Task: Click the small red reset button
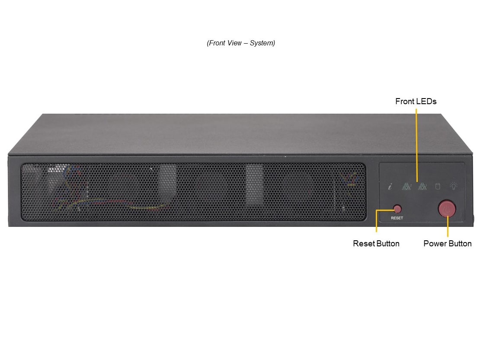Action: click(x=397, y=209)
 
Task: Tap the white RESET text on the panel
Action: click(x=397, y=218)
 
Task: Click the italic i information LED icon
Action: click(x=390, y=186)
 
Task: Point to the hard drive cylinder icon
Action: click(x=438, y=186)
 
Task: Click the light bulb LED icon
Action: click(x=453, y=186)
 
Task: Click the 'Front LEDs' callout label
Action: click(x=416, y=101)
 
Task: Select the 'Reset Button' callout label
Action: click(x=376, y=243)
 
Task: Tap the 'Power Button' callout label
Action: click(x=447, y=243)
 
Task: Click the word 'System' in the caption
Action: click(x=262, y=43)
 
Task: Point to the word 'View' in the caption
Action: click(x=234, y=43)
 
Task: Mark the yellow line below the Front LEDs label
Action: click(x=416, y=145)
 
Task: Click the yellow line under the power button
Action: click(x=448, y=226)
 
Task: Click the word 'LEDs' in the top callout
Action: click(x=426, y=101)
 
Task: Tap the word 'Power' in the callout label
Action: click(x=433, y=243)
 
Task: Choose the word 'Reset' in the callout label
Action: click(x=363, y=243)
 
